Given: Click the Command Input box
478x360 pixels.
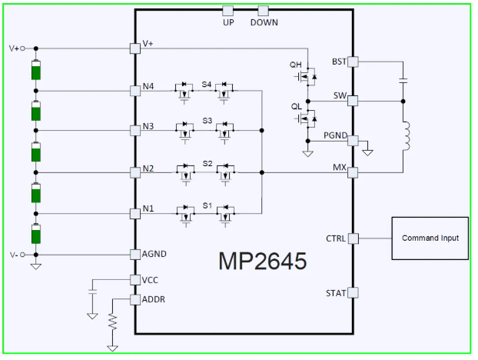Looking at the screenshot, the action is coord(430,238).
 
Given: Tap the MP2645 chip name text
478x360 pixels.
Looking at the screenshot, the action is coord(263,261).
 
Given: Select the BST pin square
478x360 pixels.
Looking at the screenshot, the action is coord(353,62).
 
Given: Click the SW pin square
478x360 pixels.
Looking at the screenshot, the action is coord(353,101).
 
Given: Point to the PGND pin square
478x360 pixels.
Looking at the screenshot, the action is coord(353,141).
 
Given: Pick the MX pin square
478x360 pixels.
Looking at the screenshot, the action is coord(353,172).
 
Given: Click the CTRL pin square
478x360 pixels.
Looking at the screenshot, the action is coord(354,238).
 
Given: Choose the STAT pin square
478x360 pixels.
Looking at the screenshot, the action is coord(353,292).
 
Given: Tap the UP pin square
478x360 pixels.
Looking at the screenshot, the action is coord(227,11).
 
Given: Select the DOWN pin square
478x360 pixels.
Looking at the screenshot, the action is coord(263,11).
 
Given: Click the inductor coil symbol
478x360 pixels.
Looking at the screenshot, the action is coord(406,136).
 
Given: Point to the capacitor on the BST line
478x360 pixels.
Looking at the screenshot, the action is coord(403,80).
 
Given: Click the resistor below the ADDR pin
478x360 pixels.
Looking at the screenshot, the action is coord(112,322).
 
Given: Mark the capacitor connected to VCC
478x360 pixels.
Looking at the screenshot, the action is coord(92,292).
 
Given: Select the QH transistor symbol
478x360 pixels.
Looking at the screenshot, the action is coord(306,77).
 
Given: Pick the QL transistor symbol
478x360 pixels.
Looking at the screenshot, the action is coord(306,118).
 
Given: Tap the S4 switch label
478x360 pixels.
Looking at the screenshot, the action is coord(207,84).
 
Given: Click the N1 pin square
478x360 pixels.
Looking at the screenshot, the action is coord(135,214).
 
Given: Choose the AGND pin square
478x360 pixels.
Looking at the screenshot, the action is coord(135,255).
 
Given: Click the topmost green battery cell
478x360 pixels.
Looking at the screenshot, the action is coord(36,70).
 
